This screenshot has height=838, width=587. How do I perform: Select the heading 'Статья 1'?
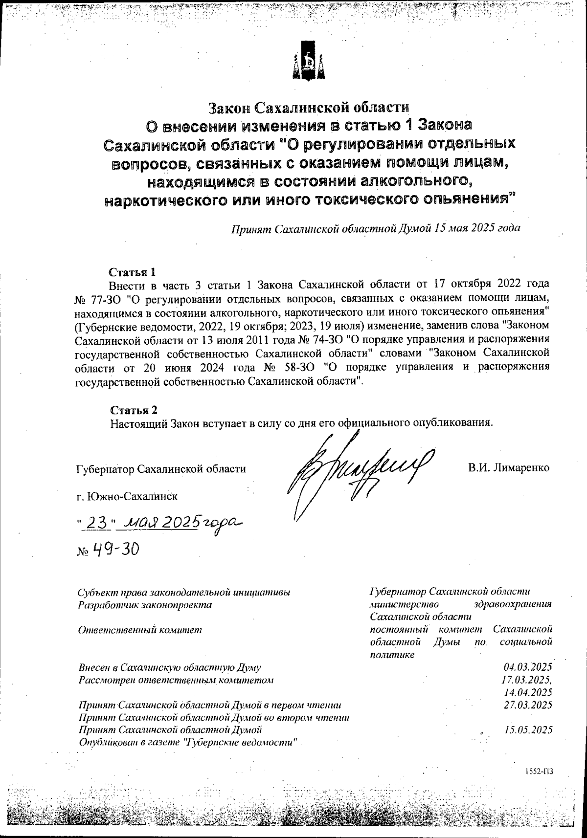click(x=133, y=272)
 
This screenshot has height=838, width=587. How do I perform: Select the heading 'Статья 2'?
click(x=134, y=410)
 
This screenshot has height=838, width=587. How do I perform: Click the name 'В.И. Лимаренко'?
click(x=509, y=468)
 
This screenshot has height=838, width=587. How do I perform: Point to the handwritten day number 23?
click(x=96, y=524)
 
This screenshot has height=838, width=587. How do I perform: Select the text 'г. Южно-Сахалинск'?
click(x=127, y=497)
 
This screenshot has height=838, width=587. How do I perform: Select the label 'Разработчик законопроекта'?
click(x=145, y=605)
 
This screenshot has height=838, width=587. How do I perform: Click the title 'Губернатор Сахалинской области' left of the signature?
click(x=161, y=469)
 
